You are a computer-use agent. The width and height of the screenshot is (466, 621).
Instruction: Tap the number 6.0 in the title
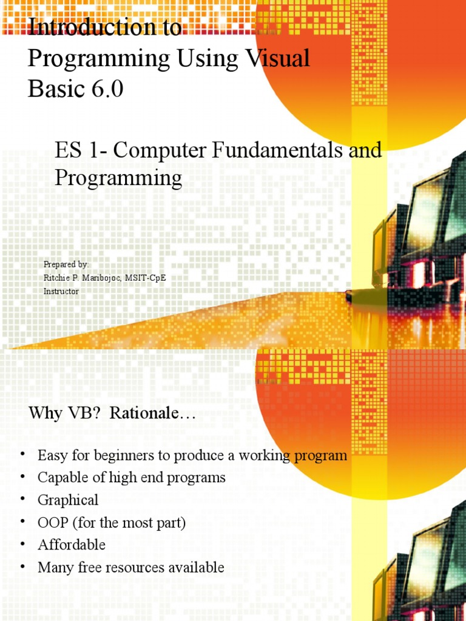tap(106, 89)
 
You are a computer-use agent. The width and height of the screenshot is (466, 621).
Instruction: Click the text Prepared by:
tap(66, 264)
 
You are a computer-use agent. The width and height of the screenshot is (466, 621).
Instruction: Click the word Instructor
tap(61, 291)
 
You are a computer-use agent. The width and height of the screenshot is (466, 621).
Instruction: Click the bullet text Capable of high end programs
tap(131, 478)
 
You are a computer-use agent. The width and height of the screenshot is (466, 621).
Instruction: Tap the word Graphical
tap(68, 500)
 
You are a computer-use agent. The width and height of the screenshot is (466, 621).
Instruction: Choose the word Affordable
tap(72, 545)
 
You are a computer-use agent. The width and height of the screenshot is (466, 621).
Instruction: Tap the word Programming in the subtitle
tap(118, 178)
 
